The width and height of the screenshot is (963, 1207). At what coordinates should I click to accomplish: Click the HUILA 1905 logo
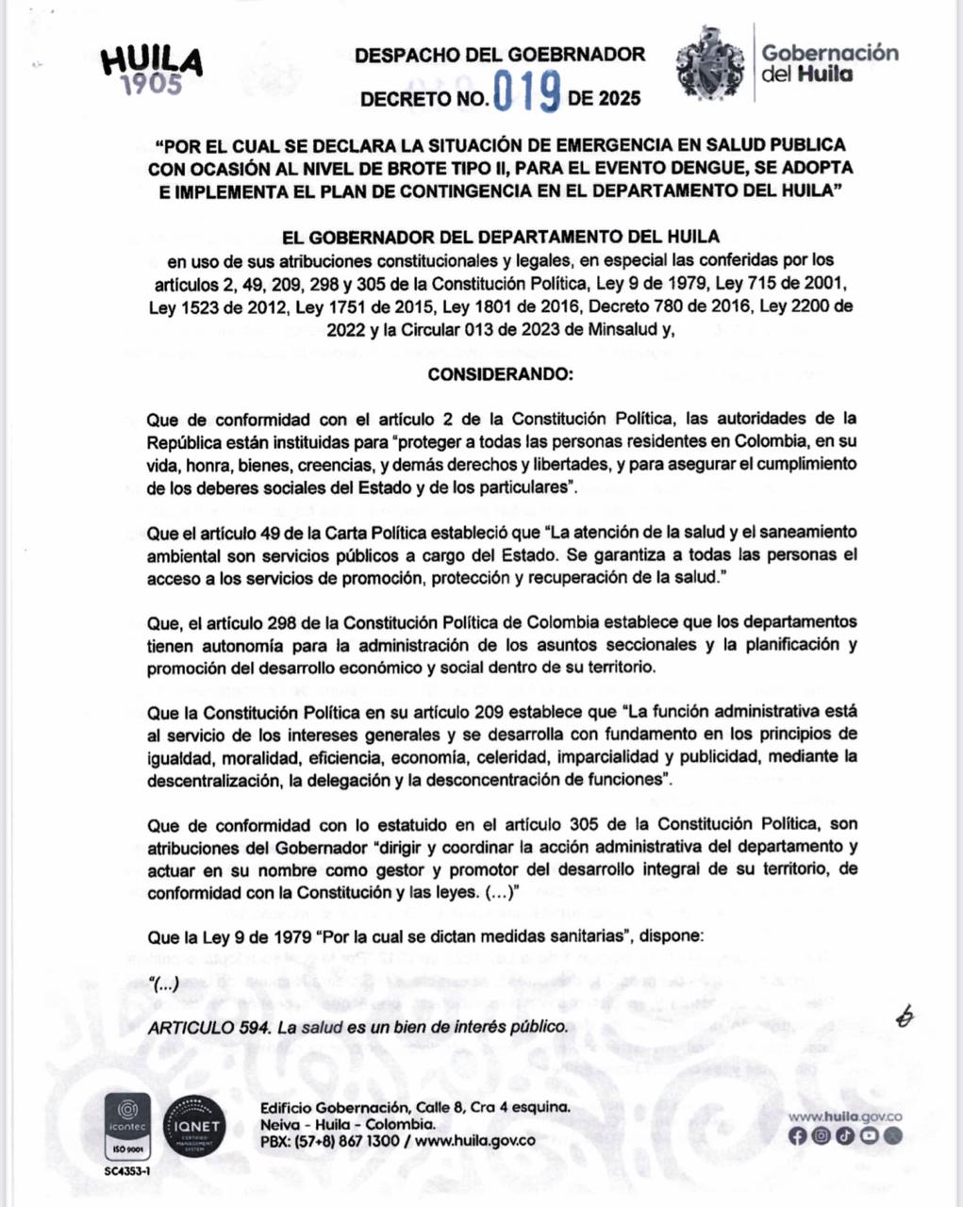pos(152,69)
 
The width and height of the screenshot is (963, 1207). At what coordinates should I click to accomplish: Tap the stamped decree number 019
pos(528,94)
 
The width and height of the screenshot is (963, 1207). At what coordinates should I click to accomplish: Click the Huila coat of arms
pos(709,64)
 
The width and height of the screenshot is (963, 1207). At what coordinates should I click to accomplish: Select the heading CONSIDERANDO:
pos(500,374)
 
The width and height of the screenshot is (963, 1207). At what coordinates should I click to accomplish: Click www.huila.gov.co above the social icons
pos(845,1117)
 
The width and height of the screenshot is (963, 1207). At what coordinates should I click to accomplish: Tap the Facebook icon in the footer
pos(797,1136)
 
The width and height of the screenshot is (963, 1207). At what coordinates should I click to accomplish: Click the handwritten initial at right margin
pos(906,1016)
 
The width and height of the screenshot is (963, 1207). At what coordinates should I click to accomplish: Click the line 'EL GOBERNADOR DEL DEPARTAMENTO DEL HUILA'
pos(501,236)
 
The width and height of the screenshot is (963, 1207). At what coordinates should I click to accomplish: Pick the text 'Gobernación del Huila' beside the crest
pos(830,62)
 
